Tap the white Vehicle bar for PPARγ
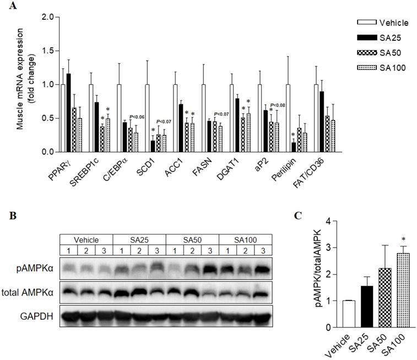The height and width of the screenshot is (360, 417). click(x=63, y=118)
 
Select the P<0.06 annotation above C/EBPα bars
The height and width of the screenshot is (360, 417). click(x=137, y=117)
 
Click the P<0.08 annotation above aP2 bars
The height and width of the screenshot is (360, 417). click(x=278, y=105)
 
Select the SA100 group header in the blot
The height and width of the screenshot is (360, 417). click(x=245, y=240)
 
